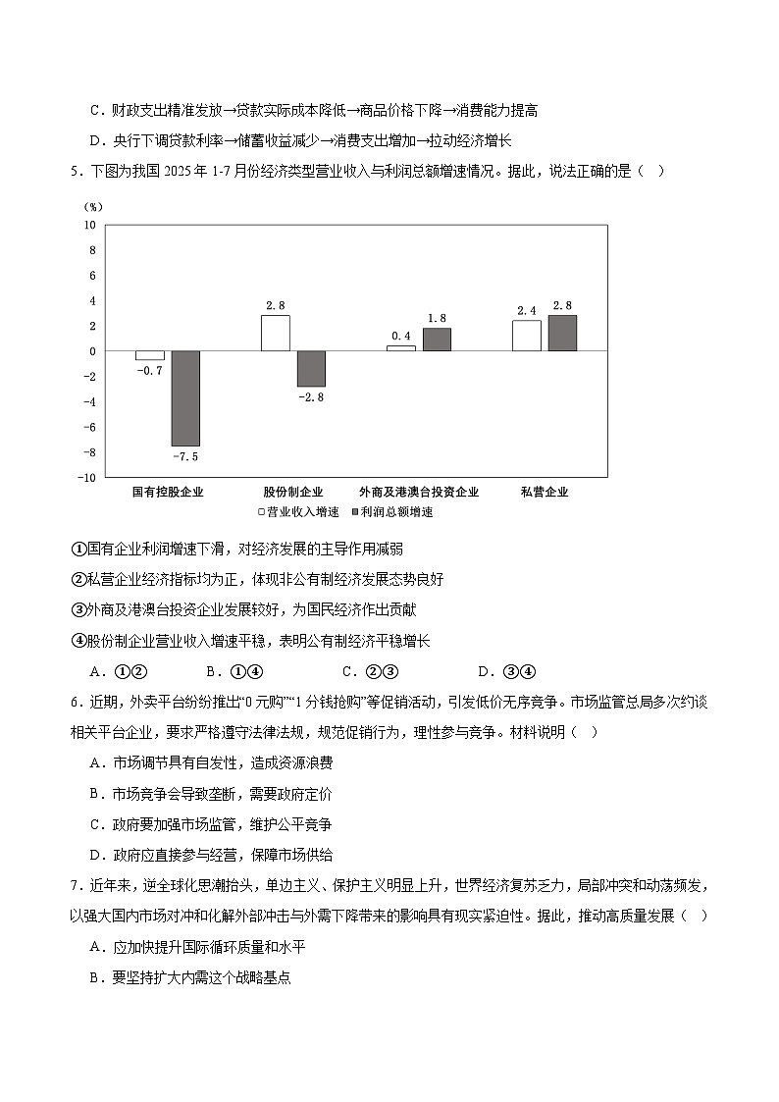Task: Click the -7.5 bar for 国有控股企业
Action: pyautogui.click(x=185, y=398)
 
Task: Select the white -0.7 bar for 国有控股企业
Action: pyautogui.click(x=149, y=355)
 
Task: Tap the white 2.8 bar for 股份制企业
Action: pyautogui.click(x=275, y=333)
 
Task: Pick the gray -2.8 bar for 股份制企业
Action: pyautogui.click(x=311, y=368)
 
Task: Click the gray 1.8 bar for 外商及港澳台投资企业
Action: pyautogui.click(x=437, y=339)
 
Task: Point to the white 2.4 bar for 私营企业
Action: pyautogui.click(x=526, y=336)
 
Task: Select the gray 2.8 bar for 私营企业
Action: pyautogui.click(x=562, y=333)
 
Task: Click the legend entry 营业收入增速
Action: pyautogui.click(x=298, y=511)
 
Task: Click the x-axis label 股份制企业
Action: pyautogui.click(x=292, y=492)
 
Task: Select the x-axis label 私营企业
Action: pyautogui.click(x=545, y=492)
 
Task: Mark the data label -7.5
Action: pyautogui.click(x=185, y=456)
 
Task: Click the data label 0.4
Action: pyautogui.click(x=400, y=336)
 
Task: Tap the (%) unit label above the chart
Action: pyautogui.click(x=94, y=207)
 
